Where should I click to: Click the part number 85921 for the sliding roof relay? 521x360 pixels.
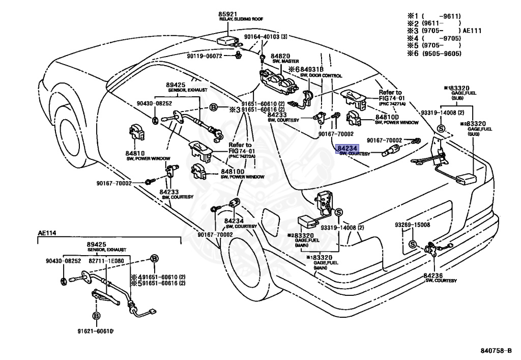pyautogui.click(x=227, y=14)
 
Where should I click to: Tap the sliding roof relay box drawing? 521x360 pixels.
pyautogui.click(x=227, y=40)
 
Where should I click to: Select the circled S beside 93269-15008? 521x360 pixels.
pyautogui.click(x=413, y=244)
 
